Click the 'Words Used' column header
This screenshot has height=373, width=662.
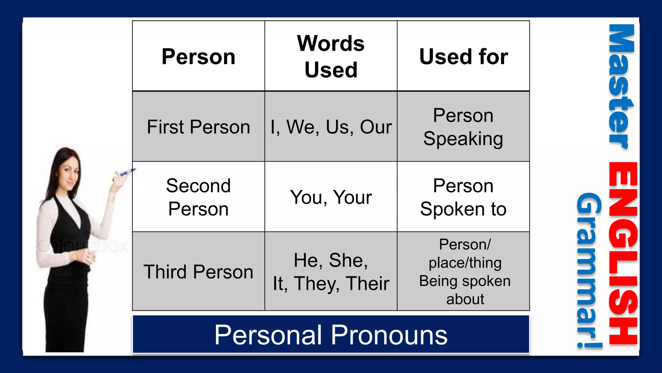(331, 56)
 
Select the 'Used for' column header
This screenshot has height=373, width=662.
(463, 57)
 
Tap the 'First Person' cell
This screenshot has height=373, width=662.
(198, 127)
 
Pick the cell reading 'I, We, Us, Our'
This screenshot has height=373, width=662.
(331, 127)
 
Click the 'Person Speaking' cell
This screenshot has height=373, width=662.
(463, 127)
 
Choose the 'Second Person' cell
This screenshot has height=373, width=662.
(198, 197)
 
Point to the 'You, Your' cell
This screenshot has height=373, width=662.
(331, 197)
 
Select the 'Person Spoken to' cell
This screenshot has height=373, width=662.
(463, 197)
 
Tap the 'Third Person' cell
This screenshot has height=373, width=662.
(198, 271)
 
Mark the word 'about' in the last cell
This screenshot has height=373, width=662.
(465, 299)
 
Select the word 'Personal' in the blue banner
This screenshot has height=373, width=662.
(268, 335)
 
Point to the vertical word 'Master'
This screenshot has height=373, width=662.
(621, 86)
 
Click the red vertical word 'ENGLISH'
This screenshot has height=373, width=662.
(623, 253)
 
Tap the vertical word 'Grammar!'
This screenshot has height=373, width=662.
(589, 270)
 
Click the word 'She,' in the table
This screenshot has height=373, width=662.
(348, 260)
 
